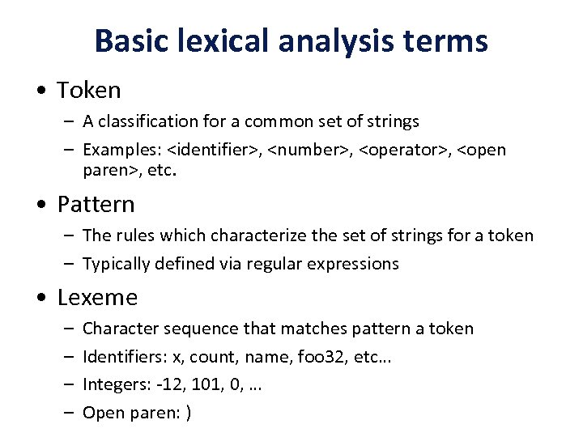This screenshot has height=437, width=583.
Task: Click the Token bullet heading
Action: pyautogui.click(x=88, y=90)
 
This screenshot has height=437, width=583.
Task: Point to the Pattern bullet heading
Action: pyautogui.click(x=96, y=204)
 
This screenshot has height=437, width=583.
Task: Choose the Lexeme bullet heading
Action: pyautogui.click(x=97, y=297)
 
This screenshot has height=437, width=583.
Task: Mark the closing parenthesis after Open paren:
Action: pyautogui.click(x=188, y=414)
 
